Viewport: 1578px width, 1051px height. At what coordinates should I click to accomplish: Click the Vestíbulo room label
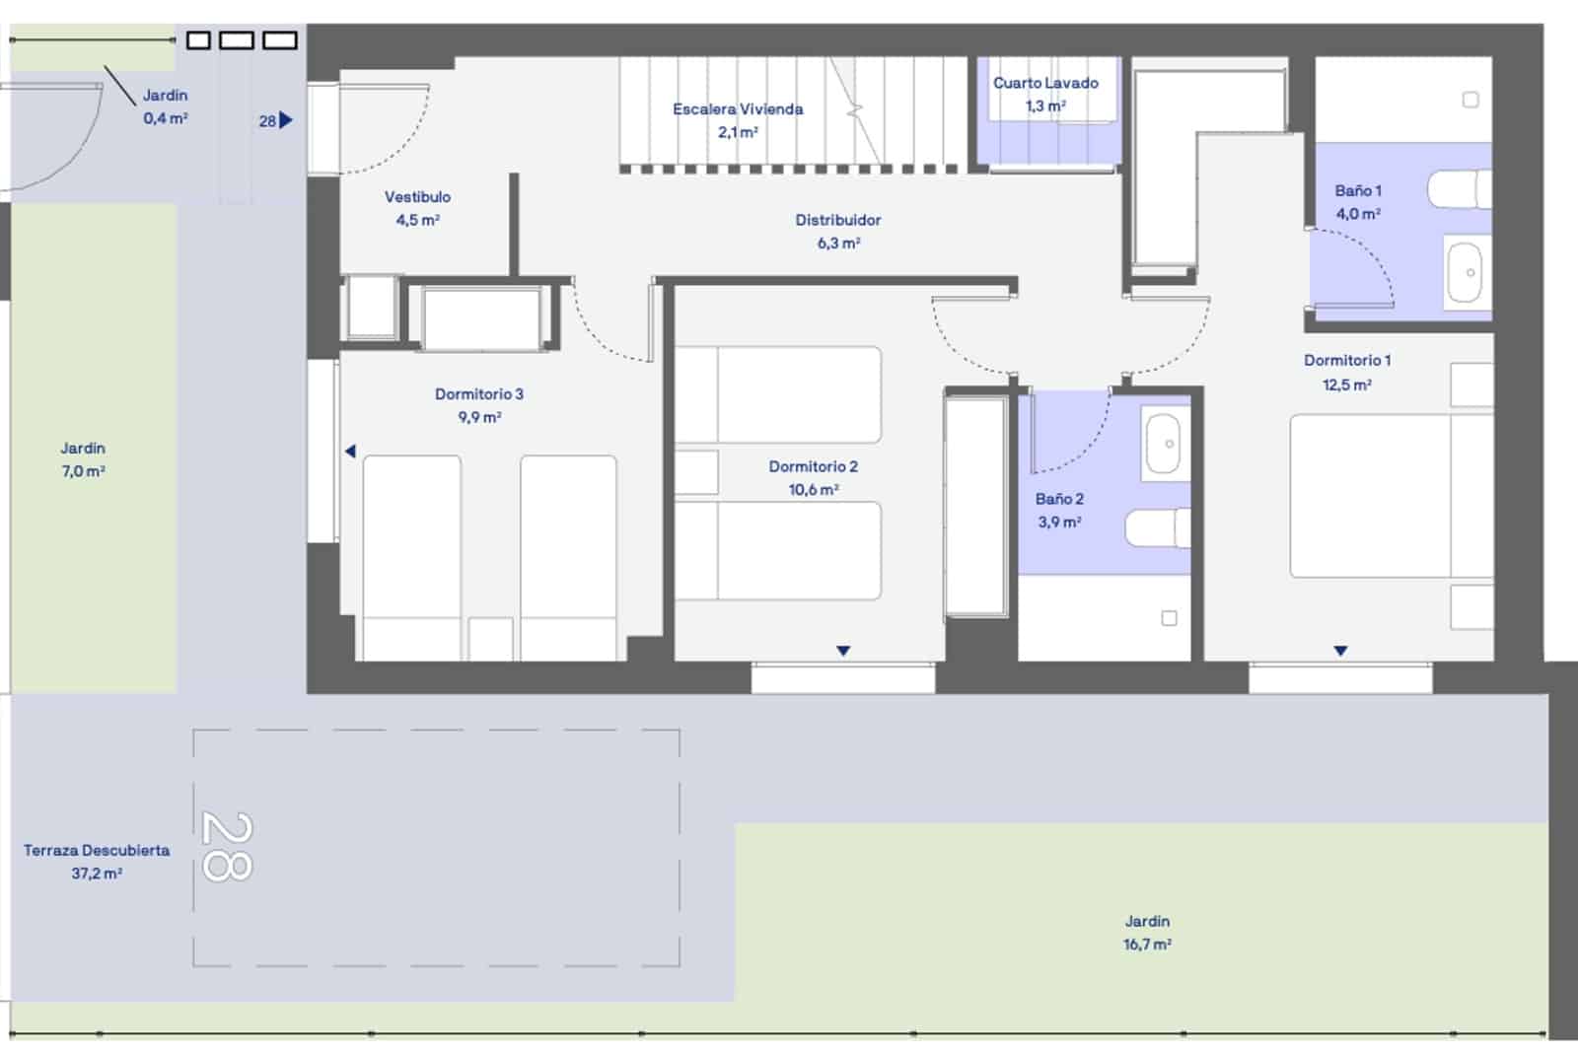[417, 197]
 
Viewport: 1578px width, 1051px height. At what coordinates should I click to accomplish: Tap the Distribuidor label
[837, 221]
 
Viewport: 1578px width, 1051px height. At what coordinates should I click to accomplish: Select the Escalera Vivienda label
[738, 109]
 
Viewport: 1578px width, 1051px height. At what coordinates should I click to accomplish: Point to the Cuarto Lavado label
[1045, 83]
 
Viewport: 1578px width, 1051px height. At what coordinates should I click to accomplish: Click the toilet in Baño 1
[1459, 189]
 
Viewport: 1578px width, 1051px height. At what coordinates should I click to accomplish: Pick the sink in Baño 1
[1466, 273]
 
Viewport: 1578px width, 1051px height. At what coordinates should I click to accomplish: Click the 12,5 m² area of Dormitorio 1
[1347, 385]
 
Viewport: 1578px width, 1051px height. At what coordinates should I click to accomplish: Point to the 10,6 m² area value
[813, 490]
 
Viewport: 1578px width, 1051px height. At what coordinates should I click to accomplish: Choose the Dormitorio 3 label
[479, 394]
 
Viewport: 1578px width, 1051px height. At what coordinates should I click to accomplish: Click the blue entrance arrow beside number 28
[285, 120]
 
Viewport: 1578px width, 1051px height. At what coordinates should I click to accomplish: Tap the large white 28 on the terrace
[227, 847]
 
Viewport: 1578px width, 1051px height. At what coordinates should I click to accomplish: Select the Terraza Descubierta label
[97, 851]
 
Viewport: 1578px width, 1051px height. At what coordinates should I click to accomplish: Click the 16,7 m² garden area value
[1147, 945]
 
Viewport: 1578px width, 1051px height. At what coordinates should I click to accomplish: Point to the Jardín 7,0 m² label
[83, 460]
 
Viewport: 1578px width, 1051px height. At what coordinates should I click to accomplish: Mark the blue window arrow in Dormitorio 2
[843, 651]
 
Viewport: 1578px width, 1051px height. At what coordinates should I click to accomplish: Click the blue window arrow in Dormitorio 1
[1340, 651]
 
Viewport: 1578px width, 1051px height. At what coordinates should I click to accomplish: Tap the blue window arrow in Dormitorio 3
[350, 451]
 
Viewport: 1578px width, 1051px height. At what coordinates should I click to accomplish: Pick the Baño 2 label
[1059, 500]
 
